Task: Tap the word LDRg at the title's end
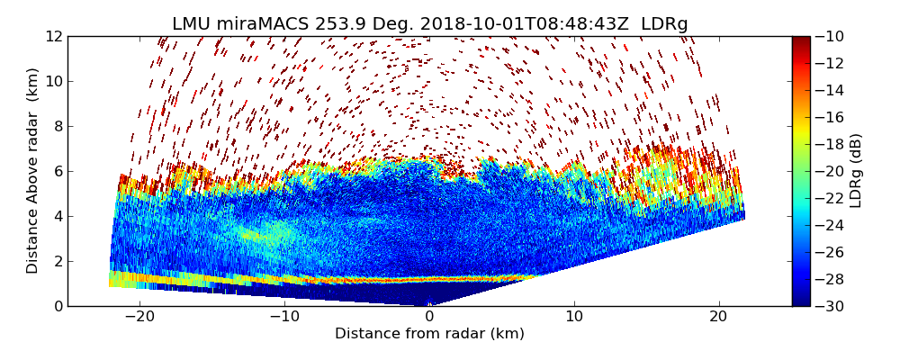[x=664, y=24]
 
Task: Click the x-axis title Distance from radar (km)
[x=429, y=334]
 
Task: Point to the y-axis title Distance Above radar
[x=33, y=171]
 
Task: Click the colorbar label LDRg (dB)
[x=856, y=171]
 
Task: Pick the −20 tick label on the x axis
[x=139, y=317]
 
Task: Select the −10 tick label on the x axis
[x=284, y=317]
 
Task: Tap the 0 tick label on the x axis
[x=429, y=317]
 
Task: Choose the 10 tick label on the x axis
[x=574, y=317]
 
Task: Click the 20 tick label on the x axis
[x=719, y=317]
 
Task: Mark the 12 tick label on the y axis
[x=54, y=37]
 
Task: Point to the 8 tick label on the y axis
[x=58, y=126]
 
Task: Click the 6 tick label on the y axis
[x=58, y=171]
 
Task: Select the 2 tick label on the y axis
[x=58, y=261]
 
